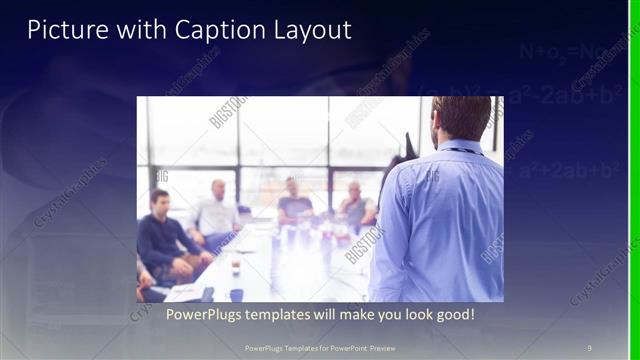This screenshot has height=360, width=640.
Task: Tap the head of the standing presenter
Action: (461, 118)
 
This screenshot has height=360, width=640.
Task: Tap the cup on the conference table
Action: (235, 269)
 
